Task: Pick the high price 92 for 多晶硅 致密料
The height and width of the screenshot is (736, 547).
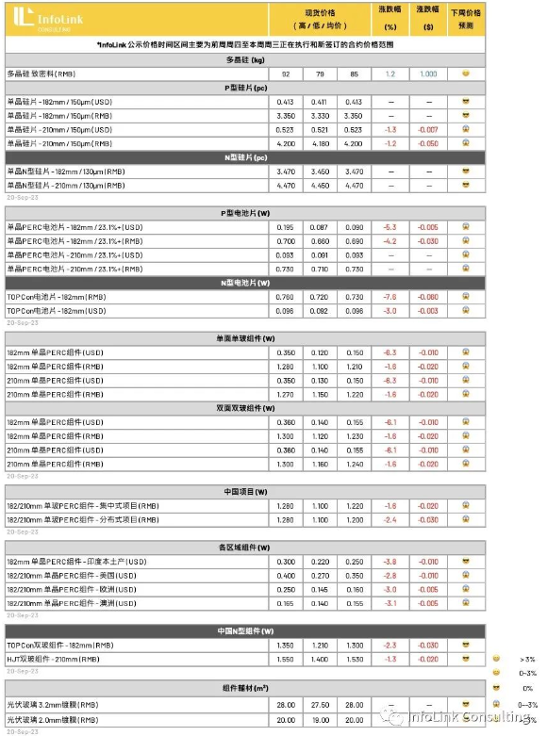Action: pos(286,74)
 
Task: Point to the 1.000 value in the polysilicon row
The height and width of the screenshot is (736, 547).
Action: pos(428,74)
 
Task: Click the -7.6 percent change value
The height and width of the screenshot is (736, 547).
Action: pos(390,297)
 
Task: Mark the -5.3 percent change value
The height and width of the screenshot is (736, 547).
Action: pos(390,227)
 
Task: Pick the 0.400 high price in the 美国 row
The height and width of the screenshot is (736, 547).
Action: pos(286,576)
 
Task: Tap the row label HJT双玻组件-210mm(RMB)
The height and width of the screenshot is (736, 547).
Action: pos(61,659)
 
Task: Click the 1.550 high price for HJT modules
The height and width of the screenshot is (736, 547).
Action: pos(286,659)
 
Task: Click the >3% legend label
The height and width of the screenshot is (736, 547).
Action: pos(526,659)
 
